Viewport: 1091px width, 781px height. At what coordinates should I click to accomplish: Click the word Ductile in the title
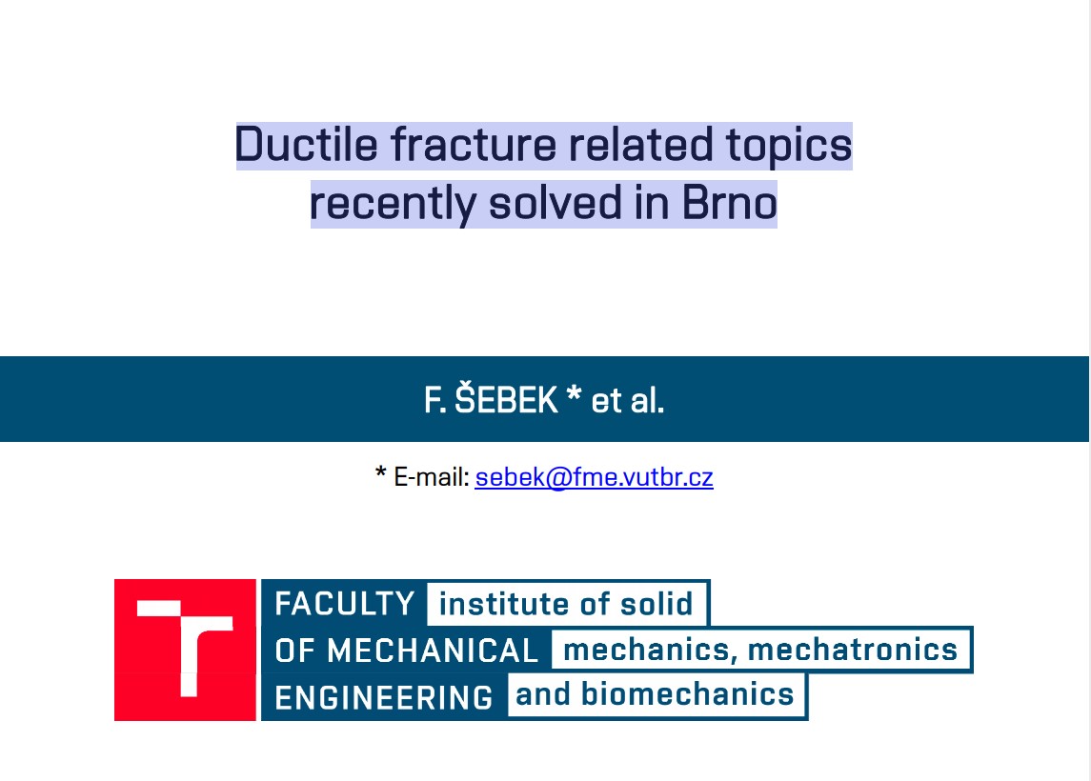click(x=306, y=145)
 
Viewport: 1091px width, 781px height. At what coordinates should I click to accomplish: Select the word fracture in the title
click(x=474, y=145)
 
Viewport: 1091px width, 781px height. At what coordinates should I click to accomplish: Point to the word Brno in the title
click(x=729, y=203)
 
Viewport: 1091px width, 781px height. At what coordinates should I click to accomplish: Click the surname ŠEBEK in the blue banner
click(x=506, y=401)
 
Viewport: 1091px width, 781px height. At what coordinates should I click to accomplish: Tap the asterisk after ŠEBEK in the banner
click(x=574, y=393)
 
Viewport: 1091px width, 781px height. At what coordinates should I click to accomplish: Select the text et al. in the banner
click(x=628, y=401)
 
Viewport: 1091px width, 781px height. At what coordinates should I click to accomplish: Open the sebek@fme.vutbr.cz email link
click(x=594, y=477)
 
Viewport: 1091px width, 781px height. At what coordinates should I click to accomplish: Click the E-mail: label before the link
click(x=432, y=477)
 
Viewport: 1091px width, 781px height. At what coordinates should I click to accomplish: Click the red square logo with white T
click(x=185, y=650)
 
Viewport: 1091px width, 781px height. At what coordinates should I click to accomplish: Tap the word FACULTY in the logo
click(x=344, y=604)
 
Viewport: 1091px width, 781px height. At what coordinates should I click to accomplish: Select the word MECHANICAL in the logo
click(x=432, y=651)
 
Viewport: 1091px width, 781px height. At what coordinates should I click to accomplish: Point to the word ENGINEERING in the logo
click(x=384, y=697)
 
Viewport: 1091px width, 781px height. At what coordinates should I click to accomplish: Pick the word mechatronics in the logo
click(x=853, y=650)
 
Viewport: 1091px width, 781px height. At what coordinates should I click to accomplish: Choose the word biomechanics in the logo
click(x=687, y=694)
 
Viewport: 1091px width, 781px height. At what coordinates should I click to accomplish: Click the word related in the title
click(x=641, y=145)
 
